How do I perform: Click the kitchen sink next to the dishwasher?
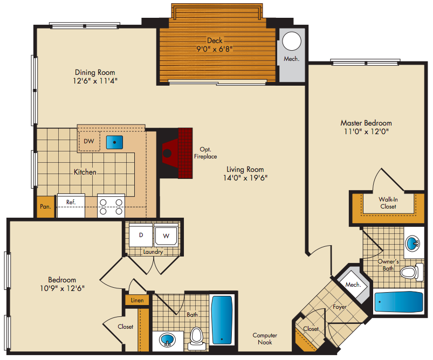115,142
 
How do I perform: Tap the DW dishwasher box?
89,141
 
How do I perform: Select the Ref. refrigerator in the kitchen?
71,206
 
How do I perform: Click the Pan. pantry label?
45,206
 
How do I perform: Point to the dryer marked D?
141,236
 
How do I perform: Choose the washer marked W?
166,236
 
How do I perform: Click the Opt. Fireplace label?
205,153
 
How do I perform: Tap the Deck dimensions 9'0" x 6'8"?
215,49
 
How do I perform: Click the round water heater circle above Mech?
292,41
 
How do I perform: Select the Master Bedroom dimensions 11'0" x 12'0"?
366,131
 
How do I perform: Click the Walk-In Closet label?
388,203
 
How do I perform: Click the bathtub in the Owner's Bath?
398,302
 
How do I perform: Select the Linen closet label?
138,300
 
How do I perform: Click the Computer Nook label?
265,339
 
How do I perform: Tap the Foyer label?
340,307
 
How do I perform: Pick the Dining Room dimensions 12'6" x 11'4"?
95,81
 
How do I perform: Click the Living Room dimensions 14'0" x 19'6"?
245,178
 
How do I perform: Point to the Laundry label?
153,252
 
